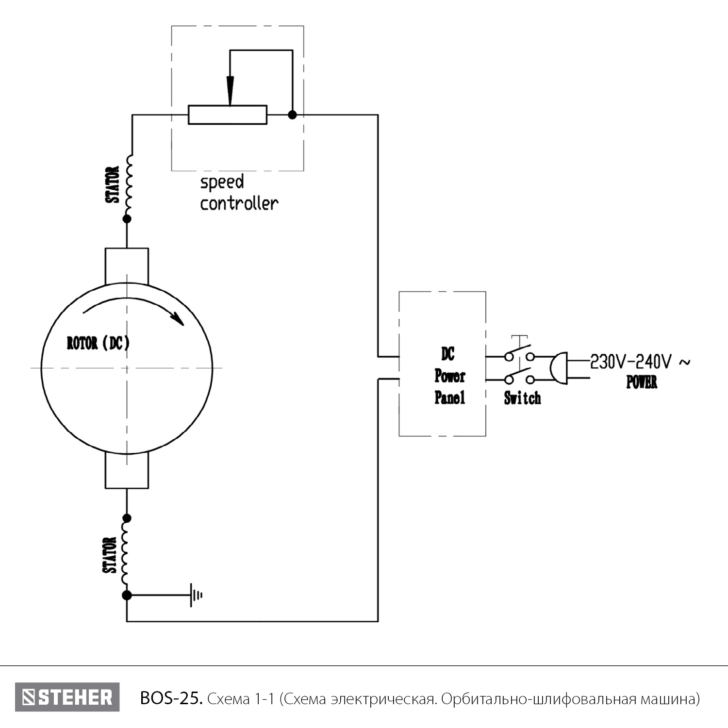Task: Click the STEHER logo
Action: tap(67, 697)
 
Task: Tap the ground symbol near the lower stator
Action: tap(196, 595)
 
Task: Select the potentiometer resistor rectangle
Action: tap(227, 115)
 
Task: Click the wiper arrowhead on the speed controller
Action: tap(231, 92)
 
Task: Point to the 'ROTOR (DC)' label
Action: tap(98, 343)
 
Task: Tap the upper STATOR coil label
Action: tap(113, 185)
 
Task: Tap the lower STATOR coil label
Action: tap(110, 555)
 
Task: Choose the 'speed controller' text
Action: tap(239, 193)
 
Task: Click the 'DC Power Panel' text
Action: tap(449, 376)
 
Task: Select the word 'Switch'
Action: tap(522, 398)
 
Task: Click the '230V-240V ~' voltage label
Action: tap(639, 362)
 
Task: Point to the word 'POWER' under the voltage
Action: tap(642, 382)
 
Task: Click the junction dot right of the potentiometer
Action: tap(292, 115)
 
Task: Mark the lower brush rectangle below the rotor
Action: tap(127, 471)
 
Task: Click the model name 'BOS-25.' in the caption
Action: tap(171, 698)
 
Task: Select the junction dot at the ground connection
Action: tap(127, 595)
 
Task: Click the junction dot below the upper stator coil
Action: tap(127, 219)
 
